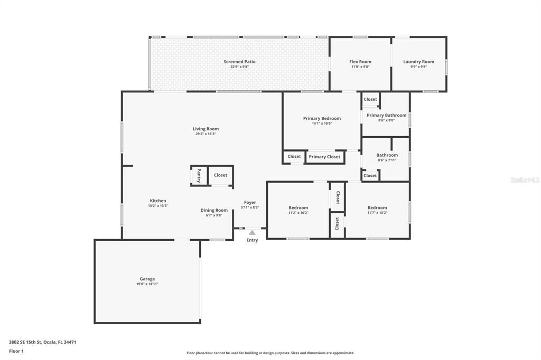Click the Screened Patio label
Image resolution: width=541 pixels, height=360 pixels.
point(239,62)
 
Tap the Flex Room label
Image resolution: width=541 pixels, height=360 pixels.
point(360,62)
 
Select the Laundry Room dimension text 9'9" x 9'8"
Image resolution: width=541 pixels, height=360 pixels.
point(418,67)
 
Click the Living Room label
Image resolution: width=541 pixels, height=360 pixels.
point(206,129)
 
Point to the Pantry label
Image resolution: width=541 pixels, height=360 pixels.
point(199,175)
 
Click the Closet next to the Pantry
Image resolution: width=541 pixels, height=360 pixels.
point(220,175)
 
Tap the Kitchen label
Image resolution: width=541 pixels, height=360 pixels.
point(158,201)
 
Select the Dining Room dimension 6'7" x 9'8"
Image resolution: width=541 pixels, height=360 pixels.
point(214,215)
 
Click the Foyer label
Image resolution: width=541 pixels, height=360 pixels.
point(250,203)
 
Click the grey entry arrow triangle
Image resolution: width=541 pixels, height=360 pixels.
point(252,232)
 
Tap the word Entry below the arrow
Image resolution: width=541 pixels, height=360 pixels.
point(252,240)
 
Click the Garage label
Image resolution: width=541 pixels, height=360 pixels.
point(147,279)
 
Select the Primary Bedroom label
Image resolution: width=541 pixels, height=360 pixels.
point(322,118)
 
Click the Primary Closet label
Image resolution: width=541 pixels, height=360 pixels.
point(324,157)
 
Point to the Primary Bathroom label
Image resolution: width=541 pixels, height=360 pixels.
point(386,115)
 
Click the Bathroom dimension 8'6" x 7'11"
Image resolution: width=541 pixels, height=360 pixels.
point(386,160)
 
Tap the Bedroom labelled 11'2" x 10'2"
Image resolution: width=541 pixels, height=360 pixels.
point(298,207)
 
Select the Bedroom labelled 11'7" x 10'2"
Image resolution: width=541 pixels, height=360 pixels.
point(377,207)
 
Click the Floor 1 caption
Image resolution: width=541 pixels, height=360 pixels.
point(16,351)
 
